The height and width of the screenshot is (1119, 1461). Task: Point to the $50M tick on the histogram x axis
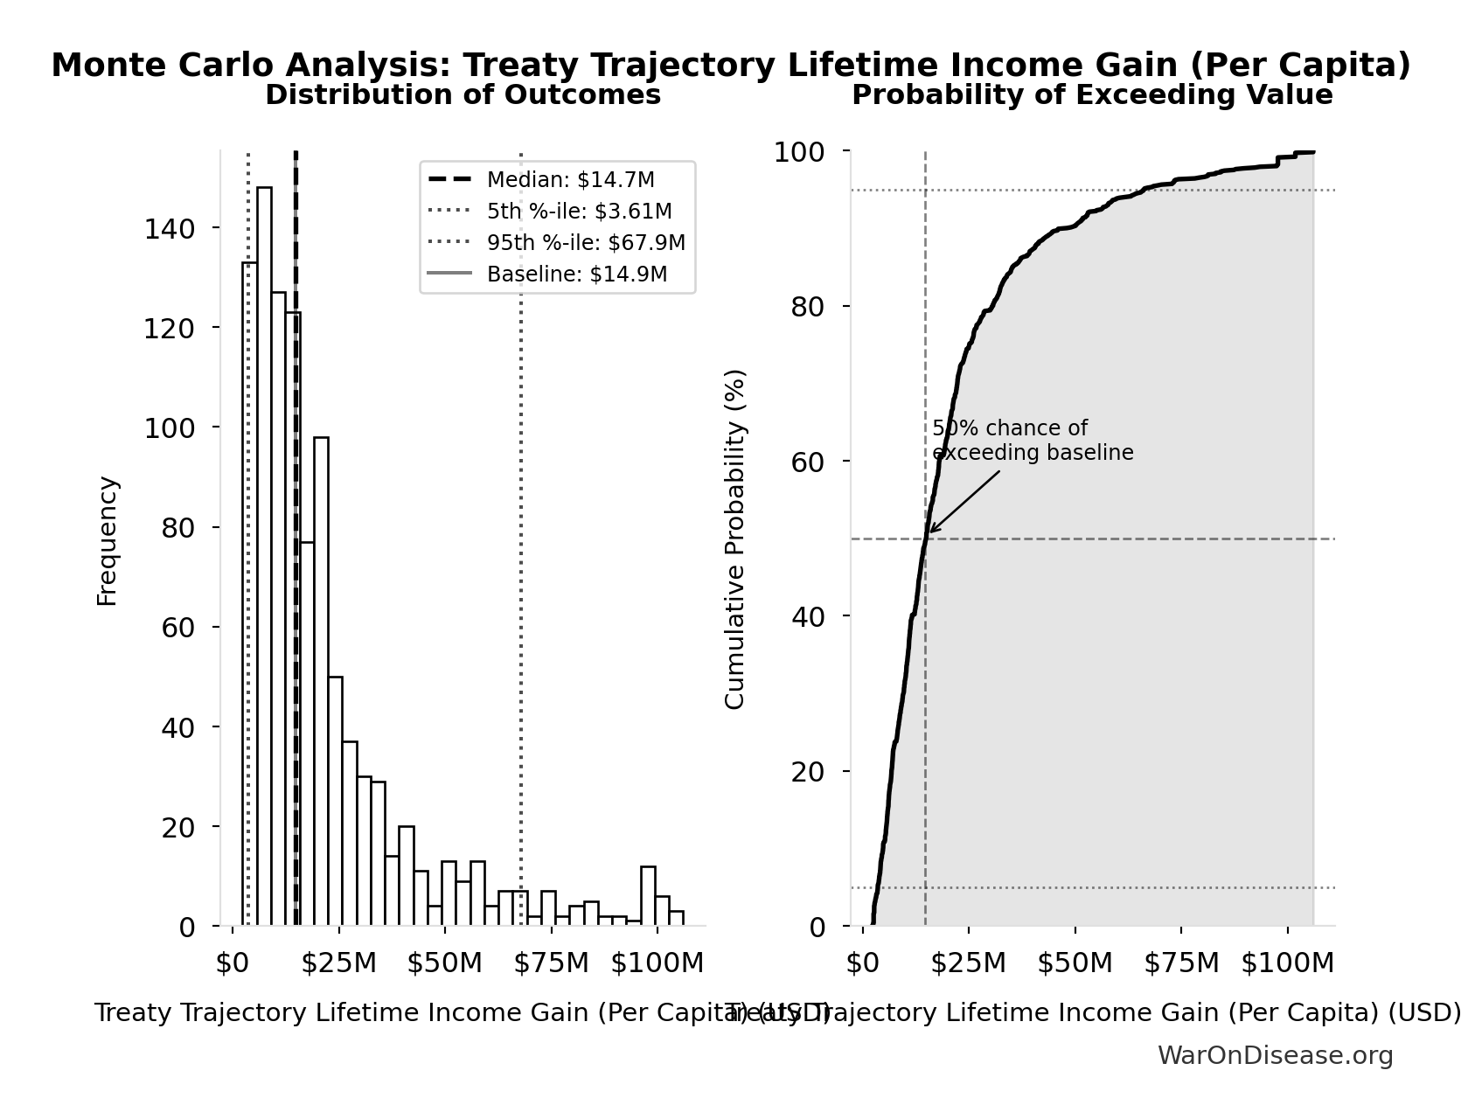(444, 963)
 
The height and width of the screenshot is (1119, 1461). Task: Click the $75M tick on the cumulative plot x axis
(1181, 963)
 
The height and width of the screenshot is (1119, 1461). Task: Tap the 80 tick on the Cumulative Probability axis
(808, 307)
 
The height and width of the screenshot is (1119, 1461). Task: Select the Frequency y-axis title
(107, 540)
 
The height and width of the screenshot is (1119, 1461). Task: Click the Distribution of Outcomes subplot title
(463, 95)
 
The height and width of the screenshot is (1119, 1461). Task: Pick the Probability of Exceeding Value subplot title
(1092, 95)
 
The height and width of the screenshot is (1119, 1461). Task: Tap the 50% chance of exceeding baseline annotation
(1032, 441)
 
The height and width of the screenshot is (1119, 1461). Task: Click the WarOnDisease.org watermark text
(1275, 1056)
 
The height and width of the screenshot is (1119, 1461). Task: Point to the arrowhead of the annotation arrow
(930, 531)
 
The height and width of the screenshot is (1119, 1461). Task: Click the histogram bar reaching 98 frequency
(321, 682)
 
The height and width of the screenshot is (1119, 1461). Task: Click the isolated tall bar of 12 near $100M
(648, 896)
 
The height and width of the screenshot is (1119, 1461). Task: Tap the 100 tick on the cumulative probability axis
(798, 152)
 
